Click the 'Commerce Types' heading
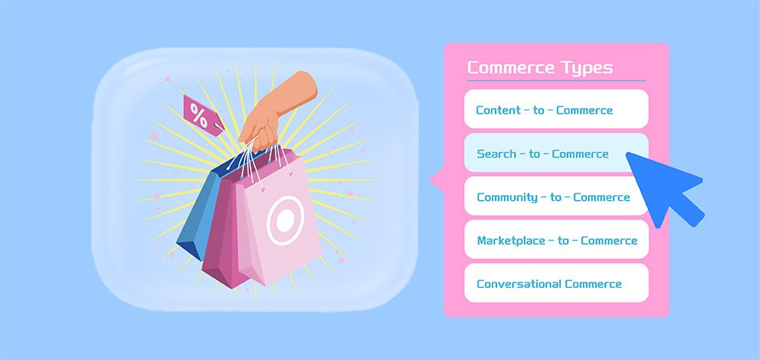539,67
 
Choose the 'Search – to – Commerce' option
542,154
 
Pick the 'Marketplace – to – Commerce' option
556,240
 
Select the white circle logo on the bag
281,217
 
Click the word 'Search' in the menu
497,154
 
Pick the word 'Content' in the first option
497,110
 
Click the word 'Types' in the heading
586,67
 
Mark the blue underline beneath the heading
555,81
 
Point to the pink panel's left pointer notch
436,180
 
